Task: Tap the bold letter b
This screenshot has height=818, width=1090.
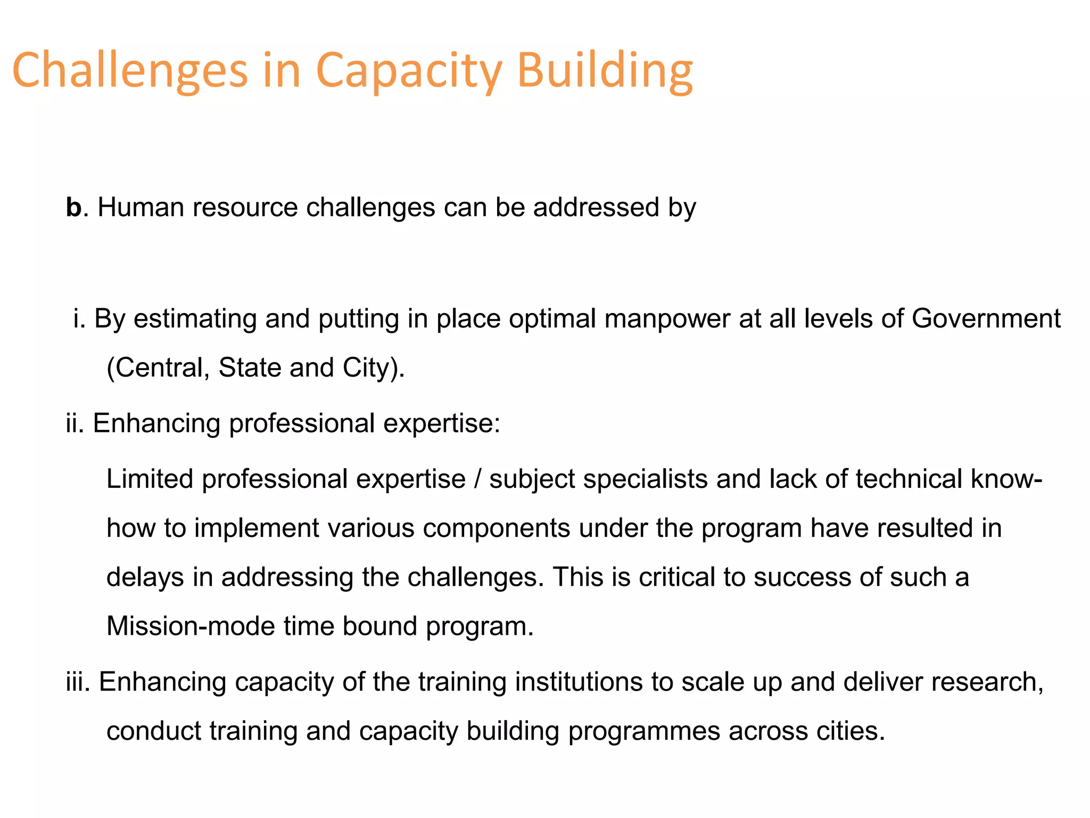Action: [73, 207]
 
